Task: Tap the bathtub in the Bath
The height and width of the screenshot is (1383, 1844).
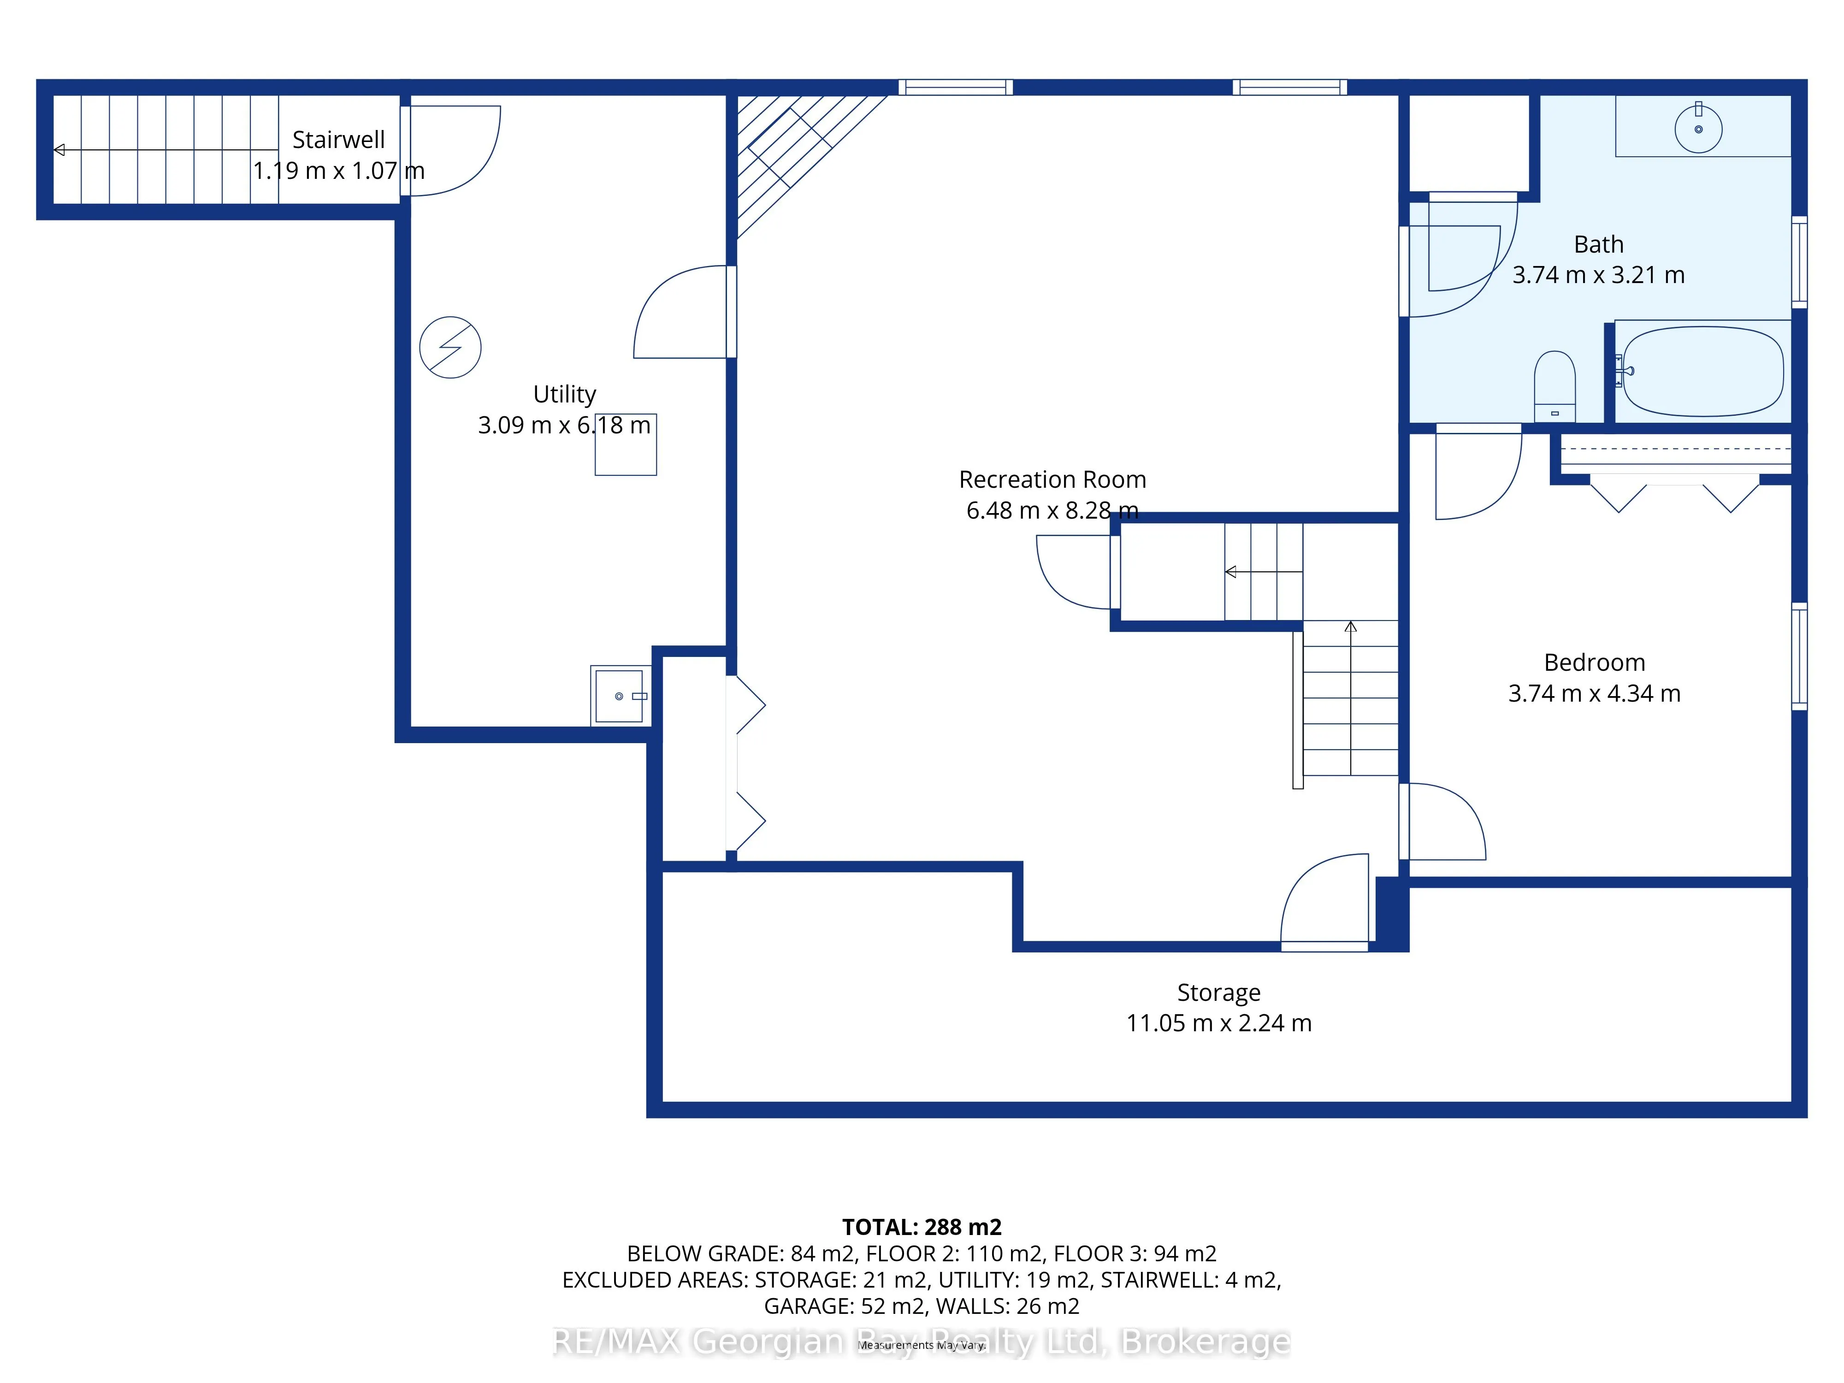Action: pos(1702,371)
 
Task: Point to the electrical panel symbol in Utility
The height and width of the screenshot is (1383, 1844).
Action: pos(450,348)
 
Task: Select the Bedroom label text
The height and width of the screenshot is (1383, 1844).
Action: pos(1594,663)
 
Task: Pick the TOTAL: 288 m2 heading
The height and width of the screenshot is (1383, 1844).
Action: pos(922,1227)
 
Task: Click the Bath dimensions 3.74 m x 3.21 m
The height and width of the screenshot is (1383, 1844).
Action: pos(1598,275)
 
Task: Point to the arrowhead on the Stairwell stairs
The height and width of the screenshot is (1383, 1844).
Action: pos(59,150)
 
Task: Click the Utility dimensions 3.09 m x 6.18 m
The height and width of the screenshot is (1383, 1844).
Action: pos(564,425)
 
